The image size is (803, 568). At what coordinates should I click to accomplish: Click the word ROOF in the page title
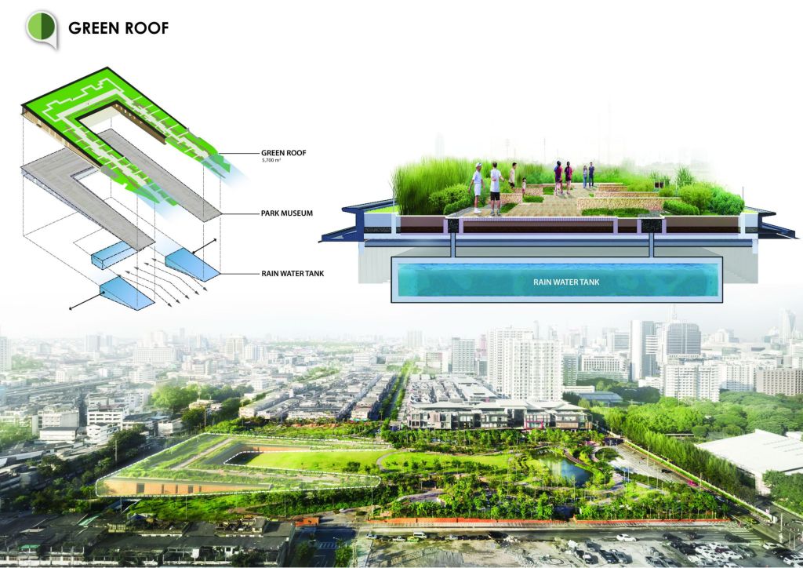pyautogui.click(x=147, y=28)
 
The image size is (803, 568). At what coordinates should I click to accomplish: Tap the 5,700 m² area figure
pyautogui.click(x=271, y=160)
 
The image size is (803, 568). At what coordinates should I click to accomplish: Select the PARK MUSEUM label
pyautogui.click(x=287, y=213)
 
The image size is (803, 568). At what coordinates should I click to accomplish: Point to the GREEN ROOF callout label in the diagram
pyautogui.click(x=284, y=153)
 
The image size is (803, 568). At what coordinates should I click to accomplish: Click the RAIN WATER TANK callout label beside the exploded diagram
pyautogui.click(x=292, y=274)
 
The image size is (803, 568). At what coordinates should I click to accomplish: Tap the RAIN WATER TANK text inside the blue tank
pyautogui.click(x=566, y=282)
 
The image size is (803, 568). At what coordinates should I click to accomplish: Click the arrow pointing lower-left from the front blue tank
pyautogui.click(x=86, y=300)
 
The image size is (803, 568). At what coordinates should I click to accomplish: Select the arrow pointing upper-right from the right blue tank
pyautogui.click(x=203, y=246)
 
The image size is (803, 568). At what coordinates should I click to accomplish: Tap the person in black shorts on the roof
pyautogui.click(x=496, y=188)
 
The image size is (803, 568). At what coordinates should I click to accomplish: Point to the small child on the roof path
pyautogui.click(x=523, y=185)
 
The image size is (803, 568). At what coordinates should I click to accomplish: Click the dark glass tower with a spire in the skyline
pyautogui.click(x=683, y=338)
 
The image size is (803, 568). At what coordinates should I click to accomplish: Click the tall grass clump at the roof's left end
pyautogui.click(x=420, y=184)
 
